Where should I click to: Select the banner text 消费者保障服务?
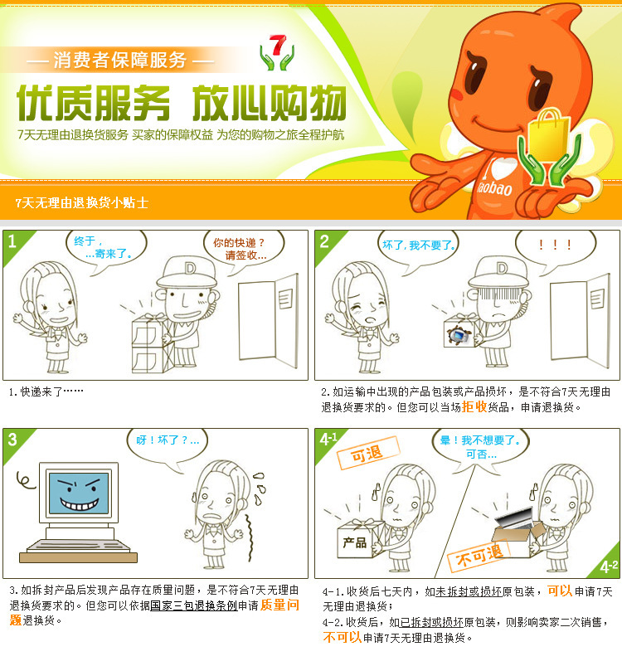[x=119, y=60]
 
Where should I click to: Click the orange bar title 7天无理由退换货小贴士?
[x=82, y=202]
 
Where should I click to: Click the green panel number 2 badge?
[x=325, y=242]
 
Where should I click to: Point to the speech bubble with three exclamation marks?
[x=555, y=245]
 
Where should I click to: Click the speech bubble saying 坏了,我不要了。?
[x=420, y=245]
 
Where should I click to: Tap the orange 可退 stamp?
[x=367, y=454]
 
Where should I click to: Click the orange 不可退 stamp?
[x=479, y=555]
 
